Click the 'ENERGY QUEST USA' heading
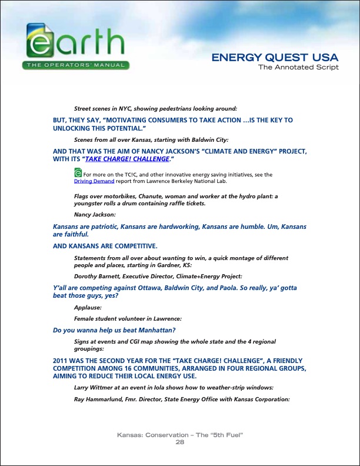click(x=275, y=58)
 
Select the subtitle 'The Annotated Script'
click(x=299, y=67)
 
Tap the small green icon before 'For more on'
click(x=78, y=172)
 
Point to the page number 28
click(x=181, y=442)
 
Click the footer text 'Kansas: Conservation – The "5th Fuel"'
click(x=181, y=435)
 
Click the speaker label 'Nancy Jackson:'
click(x=95, y=214)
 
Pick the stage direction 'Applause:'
click(x=88, y=307)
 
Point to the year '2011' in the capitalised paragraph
click(x=62, y=358)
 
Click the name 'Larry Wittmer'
click(x=94, y=388)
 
